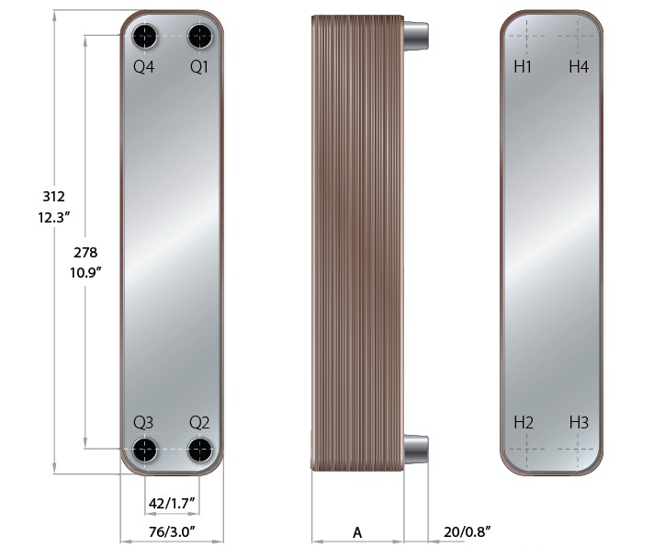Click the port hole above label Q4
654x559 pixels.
145,37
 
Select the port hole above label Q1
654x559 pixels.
200,37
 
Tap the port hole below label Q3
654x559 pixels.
145,450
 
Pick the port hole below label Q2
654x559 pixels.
200,450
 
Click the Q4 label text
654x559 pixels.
144,67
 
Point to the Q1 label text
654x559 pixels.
199,67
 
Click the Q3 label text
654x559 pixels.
143,423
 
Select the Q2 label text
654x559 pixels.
199,423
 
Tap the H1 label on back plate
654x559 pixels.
523,66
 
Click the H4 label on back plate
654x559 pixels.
579,66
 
